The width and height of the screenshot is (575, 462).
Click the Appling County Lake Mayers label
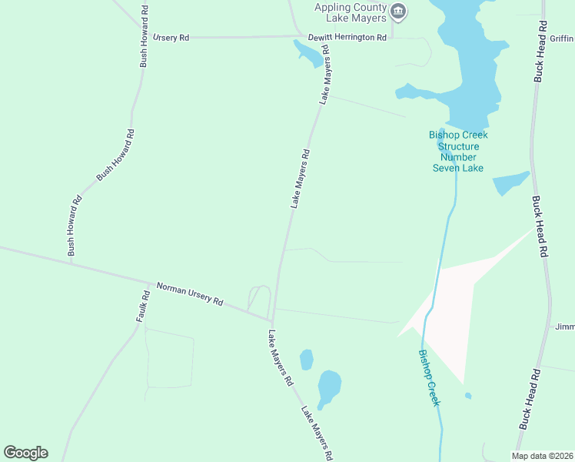point(350,12)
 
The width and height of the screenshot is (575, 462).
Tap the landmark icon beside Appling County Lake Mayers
point(398,12)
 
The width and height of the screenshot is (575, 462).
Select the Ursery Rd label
point(171,37)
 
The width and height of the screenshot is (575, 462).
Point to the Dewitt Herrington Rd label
point(347,37)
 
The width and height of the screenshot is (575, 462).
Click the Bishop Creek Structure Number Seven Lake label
point(458,152)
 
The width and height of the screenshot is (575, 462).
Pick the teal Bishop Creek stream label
point(429,378)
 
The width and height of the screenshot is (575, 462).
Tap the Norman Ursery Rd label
point(189,293)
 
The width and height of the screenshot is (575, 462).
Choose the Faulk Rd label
point(141,306)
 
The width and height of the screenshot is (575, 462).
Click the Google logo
point(25,453)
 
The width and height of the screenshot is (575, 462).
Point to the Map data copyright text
point(542,456)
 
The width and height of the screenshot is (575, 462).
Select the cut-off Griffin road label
point(562,37)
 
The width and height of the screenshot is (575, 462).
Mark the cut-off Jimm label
point(565,326)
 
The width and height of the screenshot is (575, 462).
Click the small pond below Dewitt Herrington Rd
point(309,53)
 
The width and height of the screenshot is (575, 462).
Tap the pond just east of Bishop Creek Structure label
point(510,183)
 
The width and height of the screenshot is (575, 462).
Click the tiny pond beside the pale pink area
point(468,396)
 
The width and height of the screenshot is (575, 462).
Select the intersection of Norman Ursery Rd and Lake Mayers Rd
point(272,320)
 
